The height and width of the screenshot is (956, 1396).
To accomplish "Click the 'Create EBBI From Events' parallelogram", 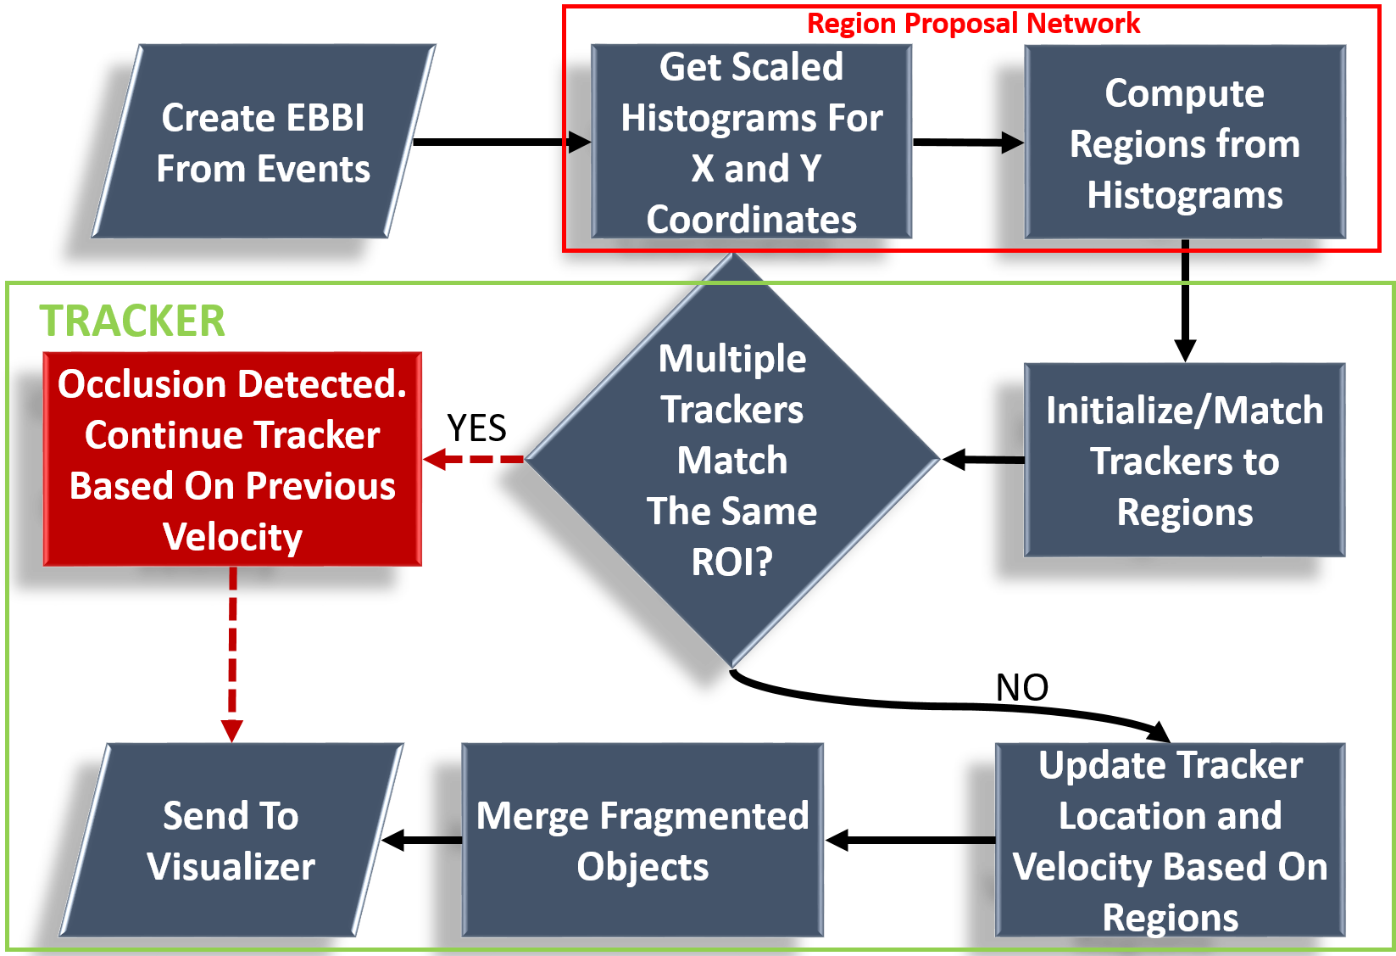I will pyautogui.click(x=264, y=142).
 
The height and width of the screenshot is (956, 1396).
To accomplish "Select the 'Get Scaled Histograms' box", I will pyautogui.click(x=751, y=142).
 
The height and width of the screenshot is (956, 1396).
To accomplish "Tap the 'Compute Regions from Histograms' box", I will pyautogui.click(x=1184, y=143).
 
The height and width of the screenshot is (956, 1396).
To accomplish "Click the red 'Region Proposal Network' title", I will pyautogui.click(x=973, y=24).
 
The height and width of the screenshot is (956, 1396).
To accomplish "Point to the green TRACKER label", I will pyautogui.click(x=132, y=321).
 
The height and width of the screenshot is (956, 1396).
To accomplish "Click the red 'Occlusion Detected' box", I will pyautogui.click(x=232, y=459).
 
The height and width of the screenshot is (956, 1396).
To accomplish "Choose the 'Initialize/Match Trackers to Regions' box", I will pyautogui.click(x=1184, y=461).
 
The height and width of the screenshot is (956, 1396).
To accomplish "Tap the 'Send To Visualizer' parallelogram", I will pyautogui.click(x=231, y=840).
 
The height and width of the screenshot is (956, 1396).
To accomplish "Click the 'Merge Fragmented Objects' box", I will pyautogui.click(x=642, y=840).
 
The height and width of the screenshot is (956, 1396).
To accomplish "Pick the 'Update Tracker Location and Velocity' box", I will pyautogui.click(x=1170, y=840).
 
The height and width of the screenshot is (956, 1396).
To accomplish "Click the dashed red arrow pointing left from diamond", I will pyautogui.click(x=475, y=459).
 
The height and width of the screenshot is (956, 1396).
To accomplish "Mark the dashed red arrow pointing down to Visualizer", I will pyautogui.click(x=232, y=653).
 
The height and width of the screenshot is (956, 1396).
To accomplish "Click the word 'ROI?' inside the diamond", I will pyautogui.click(x=732, y=562).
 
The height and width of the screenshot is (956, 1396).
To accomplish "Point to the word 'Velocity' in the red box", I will pyautogui.click(x=232, y=537).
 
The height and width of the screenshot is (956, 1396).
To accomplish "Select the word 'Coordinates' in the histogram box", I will pyautogui.click(x=751, y=220).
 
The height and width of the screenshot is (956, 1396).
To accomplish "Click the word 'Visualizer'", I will pyautogui.click(x=231, y=867).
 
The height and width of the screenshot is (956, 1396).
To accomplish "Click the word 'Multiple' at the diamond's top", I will pyautogui.click(x=732, y=358).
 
